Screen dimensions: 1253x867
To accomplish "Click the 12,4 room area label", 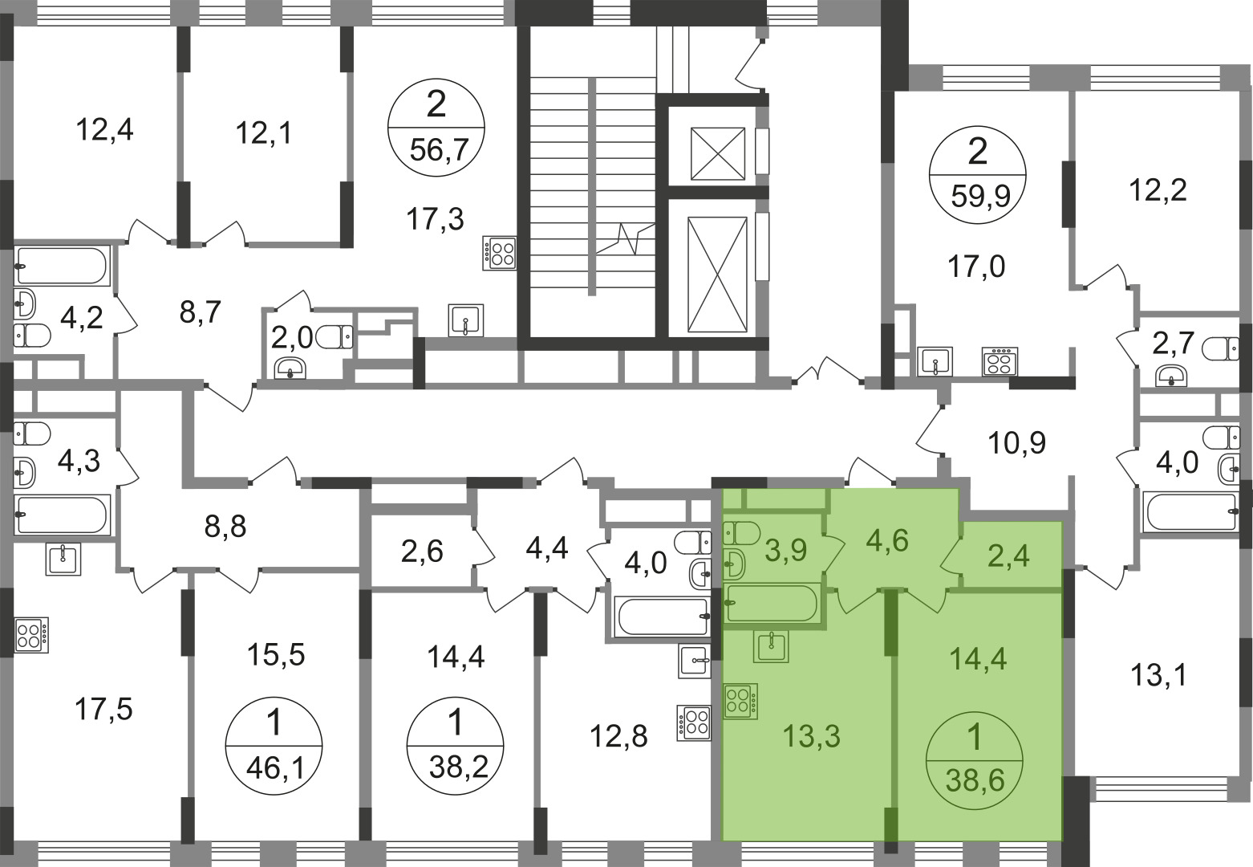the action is (x=104, y=131).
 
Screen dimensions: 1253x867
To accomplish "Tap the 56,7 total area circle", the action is (x=436, y=128).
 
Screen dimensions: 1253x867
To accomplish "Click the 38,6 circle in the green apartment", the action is (x=975, y=760).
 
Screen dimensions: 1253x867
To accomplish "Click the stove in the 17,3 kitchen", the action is (x=500, y=253).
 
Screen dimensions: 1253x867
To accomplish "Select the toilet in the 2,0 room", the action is (x=335, y=337).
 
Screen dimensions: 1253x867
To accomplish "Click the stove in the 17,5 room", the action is (x=31, y=635).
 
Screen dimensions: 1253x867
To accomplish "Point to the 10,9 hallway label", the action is (x=1016, y=443).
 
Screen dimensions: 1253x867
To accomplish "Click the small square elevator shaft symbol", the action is (x=718, y=154).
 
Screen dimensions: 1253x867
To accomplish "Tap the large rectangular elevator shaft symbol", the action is (x=717, y=275).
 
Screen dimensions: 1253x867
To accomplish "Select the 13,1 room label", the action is (x=1158, y=676).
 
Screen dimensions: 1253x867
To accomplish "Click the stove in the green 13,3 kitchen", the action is (x=740, y=701).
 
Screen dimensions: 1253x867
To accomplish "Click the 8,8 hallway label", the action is (x=225, y=527).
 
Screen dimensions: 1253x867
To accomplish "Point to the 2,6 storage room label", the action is (x=422, y=552).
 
